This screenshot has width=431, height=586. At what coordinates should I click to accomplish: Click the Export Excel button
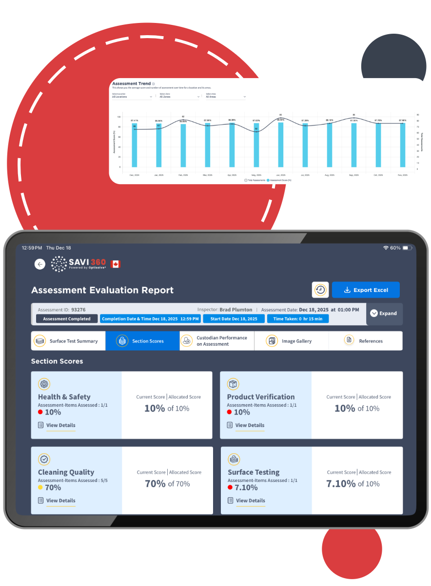pos(366,290)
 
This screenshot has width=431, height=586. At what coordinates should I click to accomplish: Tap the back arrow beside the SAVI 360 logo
pos(40,264)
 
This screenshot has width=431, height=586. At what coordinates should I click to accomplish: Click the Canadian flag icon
pos(116,264)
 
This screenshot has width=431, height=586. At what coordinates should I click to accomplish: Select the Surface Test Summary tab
pos(68,341)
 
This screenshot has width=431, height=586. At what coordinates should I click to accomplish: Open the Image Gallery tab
pos(291,341)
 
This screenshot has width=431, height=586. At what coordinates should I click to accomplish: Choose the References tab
pos(365,341)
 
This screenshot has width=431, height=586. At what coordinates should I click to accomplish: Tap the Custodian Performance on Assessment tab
pos(216,341)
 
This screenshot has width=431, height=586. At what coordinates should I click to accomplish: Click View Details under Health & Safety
pos(60,425)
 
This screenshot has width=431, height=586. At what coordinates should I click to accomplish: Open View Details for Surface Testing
pos(250,501)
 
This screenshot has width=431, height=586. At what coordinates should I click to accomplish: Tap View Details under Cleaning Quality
pos(60,501)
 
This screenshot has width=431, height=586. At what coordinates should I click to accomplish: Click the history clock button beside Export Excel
pos(320,290)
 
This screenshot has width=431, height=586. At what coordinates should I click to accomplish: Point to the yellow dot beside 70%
pos(40,487)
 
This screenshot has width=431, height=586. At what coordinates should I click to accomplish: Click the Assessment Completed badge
pos(67,319)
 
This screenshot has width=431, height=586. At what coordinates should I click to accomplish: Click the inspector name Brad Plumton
pos(235,310)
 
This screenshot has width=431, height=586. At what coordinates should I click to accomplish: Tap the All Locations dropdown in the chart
pos(132,97)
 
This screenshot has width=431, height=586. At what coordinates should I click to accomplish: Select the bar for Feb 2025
pos(183,146)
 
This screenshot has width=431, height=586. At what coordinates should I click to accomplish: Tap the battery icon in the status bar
pos(407,248)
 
